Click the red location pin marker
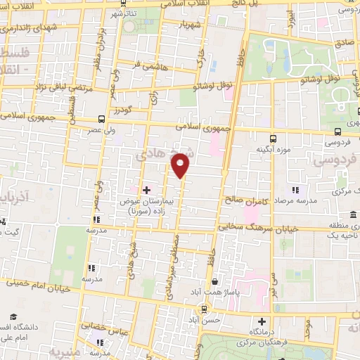[181, 166]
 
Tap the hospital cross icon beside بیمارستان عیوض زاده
[146, 190]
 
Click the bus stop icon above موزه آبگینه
[274, 138]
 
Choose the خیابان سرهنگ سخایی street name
[250, 226]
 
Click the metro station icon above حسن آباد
[204, 307]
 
